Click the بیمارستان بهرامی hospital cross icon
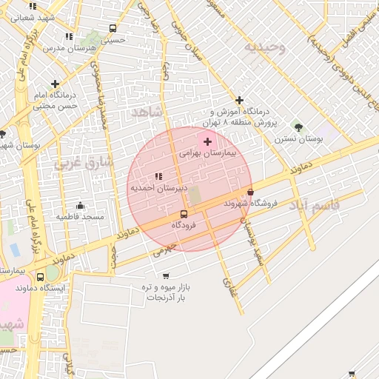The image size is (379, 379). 207,141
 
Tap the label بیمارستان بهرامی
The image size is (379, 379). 207,154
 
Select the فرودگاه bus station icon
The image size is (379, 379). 184,214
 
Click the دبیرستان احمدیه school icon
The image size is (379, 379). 158,176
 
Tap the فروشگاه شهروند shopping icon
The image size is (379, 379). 250,192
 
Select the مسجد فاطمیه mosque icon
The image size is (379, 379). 80,205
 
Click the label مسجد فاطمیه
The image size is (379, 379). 80,216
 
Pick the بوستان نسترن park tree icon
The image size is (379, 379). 298,127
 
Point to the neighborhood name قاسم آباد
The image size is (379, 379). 314,204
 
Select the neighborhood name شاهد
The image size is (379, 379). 145,112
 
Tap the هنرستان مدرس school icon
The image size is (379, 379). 69,36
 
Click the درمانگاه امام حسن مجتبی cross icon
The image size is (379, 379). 56,84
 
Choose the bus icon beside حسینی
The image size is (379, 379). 113,29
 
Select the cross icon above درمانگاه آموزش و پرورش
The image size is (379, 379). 239,100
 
